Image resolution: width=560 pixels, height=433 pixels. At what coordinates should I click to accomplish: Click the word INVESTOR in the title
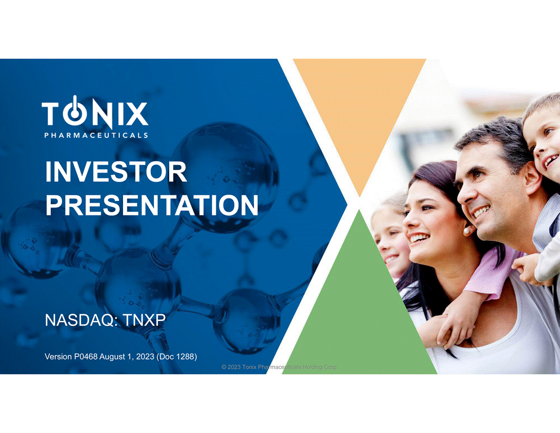tap(116, 172)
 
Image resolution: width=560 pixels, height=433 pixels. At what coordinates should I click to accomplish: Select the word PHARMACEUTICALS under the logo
tap(96, 135)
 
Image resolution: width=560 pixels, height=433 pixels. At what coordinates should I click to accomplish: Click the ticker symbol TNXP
tap(144, 321)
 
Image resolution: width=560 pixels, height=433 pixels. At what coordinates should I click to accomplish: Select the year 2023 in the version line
tap(145, 357)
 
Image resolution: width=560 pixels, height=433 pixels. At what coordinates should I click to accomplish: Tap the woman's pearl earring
tap(467, 231)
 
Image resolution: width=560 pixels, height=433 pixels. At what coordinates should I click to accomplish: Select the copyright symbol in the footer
tap(224, 367)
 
